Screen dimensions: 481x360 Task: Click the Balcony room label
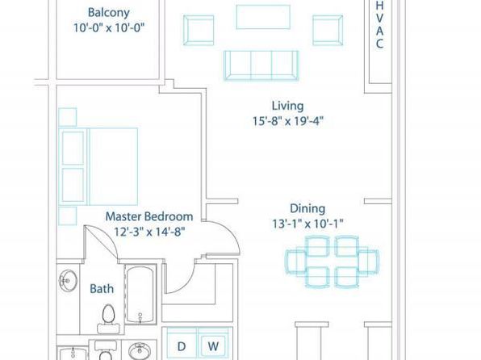109,13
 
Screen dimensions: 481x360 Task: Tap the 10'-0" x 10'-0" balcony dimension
109,28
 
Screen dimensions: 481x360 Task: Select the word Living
288,107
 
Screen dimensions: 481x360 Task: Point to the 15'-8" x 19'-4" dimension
288,122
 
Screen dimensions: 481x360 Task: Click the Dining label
307,209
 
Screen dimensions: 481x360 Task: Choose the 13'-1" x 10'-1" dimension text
307,224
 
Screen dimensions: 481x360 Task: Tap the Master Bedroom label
149,216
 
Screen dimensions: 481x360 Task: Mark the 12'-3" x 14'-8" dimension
149,232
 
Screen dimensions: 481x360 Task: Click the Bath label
102,289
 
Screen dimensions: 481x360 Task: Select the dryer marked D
182,344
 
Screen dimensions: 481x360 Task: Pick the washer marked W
214,344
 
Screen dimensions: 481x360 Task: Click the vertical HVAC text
380,24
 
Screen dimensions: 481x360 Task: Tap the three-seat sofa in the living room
261,65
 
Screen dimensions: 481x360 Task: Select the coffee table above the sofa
263,17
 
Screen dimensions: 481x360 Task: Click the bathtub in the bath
140,294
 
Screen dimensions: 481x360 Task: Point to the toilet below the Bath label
108,319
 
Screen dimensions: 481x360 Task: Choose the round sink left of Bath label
68,281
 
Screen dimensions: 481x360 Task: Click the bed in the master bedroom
98,166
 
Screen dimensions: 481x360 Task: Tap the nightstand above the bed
68,117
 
